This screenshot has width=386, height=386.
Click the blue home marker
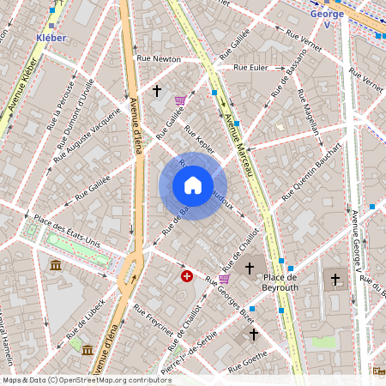point(193,185)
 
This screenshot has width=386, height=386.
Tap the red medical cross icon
point(186,275)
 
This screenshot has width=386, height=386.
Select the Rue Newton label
point(159,58)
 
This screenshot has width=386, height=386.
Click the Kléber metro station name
point(52,38)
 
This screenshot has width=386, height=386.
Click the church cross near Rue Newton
point(156,89)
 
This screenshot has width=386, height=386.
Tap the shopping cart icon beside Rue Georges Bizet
point(224,279)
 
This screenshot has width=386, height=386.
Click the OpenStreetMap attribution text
point(87,379)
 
